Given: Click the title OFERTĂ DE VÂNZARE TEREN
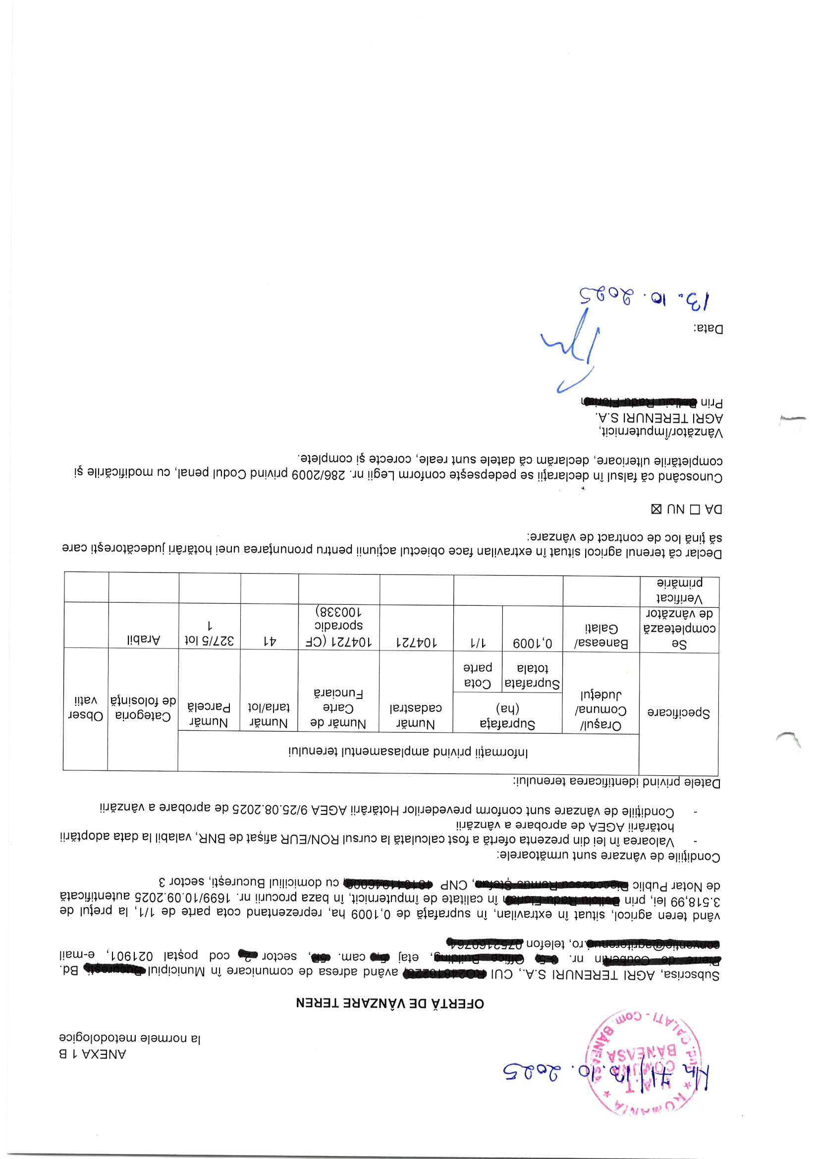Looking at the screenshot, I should tap(389, 1003).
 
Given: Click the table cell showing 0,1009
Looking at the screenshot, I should tap(533, 643).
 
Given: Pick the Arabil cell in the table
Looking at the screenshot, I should tap(143, 639).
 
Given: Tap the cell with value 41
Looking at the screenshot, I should tap(270, 641).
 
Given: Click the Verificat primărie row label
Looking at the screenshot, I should tap(679, 590).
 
